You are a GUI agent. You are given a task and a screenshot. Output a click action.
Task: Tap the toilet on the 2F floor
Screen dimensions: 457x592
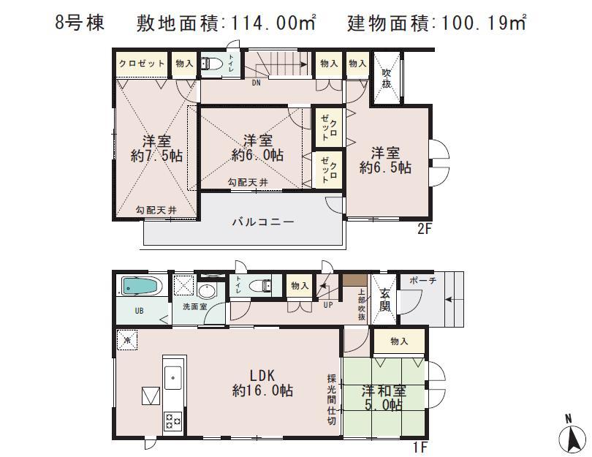click(x=212, y=64)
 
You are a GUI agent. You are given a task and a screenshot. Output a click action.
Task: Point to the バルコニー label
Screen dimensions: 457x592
click(x=264, y=221)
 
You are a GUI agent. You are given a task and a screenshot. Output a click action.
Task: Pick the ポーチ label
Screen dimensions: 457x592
click(x=423, y=281)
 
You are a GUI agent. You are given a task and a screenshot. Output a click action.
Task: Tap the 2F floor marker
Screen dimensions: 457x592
click(x=425, y=228)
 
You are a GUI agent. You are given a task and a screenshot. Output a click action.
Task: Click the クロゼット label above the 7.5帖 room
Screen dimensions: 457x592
click(x=142, y=64)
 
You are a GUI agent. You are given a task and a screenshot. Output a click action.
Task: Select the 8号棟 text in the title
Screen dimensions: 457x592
click(x=81, y=23)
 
